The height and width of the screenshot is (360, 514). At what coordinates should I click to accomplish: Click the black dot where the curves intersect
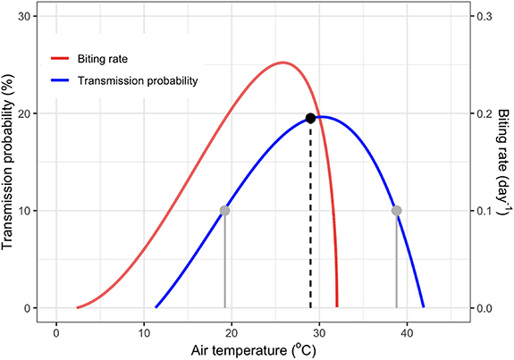click(310, 118)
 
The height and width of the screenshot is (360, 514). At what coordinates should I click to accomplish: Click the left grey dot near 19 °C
click(224, 211)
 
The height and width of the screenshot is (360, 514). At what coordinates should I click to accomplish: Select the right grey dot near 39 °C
click(397, 211)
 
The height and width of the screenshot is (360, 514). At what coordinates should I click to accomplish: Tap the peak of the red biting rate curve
click(283, 63)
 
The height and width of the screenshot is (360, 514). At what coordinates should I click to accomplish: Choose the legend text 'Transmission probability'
click(137, 80)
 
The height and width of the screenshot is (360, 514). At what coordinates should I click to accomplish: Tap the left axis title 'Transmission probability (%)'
click(11, 163)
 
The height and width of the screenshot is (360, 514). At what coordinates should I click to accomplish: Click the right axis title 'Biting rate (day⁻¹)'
click(502, 163)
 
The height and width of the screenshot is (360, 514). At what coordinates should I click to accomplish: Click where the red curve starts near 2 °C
click(78, 307)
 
